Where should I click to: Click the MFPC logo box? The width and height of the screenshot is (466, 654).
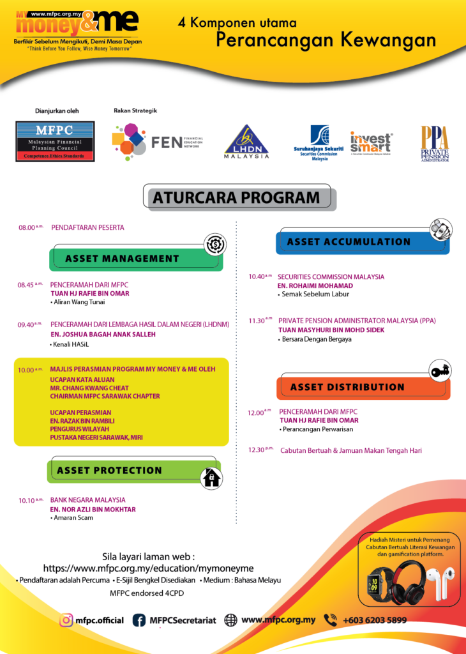click(55, 141)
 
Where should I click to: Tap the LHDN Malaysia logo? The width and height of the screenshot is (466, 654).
click(246, 141)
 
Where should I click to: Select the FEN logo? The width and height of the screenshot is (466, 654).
click(157, 141)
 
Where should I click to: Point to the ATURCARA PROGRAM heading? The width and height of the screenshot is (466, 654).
click(242, 198)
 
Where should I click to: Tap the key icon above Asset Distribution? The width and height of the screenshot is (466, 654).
click(440, 370)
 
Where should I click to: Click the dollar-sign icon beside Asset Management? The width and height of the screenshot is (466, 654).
click(215, 245)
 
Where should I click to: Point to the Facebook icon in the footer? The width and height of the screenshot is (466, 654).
click(139, 620)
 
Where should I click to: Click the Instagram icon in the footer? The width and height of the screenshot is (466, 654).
click(66, 620)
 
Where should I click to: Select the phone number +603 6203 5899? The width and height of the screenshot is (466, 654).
click(374, 620)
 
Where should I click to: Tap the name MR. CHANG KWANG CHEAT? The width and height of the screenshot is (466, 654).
click(89, 388)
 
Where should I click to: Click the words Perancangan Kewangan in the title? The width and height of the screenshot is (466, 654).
click(326, 40)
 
